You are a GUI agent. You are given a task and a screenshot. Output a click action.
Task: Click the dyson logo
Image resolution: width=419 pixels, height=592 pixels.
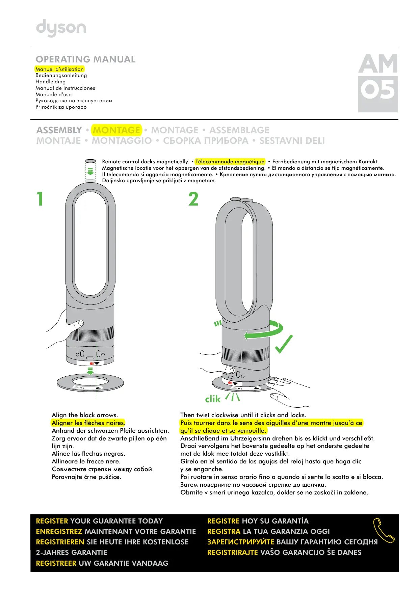pyautogui.click(x=61, y=28)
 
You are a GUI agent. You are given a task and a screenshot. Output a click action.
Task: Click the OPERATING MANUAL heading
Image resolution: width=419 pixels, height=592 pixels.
pyautogui.click(x=85, y=59)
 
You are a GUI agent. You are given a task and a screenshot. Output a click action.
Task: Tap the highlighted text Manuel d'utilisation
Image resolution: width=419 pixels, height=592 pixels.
pyautogui.click(x=59, y=69)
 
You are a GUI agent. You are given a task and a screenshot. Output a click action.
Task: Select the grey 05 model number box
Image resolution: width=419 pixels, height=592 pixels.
pyautogui.click(x=377, y=94)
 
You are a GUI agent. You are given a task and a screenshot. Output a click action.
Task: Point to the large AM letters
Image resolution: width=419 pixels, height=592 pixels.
pyautogui.click(x=378, y=64)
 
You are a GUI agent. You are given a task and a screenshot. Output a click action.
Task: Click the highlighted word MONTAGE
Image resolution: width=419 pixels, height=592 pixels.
pyautogui.click(x=116, y=130)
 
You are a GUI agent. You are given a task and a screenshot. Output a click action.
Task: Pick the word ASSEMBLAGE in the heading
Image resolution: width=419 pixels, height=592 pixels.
pyautogui.click(x=239, y=130)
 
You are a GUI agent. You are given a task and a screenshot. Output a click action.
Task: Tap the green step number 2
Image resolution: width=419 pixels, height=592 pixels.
pyautogui.click(x=193, y=199)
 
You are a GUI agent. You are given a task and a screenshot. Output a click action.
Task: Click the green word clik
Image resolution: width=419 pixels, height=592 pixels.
pyautogui.click(x=213, y=399)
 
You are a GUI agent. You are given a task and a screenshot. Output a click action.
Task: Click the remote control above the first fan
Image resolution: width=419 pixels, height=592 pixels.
pyautogui.click(x=90, y=161)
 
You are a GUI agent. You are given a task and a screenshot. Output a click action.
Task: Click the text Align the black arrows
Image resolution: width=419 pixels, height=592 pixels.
pyautogui.click(x=85, y=415)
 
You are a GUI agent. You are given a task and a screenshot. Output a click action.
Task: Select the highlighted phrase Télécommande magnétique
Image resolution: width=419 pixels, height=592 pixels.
pyautogui.click(x=230, y=162)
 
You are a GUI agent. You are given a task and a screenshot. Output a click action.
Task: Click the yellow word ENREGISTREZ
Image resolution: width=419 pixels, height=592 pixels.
pyautogui.click(x=59, y=532)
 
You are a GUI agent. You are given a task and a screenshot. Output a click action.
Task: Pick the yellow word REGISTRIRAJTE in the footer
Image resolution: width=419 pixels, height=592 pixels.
pyautogui.click(x=232, y=553)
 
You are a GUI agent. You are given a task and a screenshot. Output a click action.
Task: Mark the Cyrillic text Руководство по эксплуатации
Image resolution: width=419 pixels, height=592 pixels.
pyautogui.click(x=74, y=101)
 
